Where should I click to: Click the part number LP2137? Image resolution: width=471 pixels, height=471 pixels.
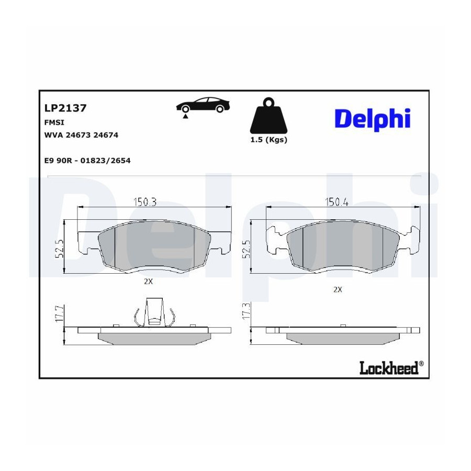click(x=65, y=108)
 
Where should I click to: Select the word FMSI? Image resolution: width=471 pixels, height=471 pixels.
click(x=54, y=122)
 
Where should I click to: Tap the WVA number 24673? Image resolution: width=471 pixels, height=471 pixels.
click(x=78, y=135)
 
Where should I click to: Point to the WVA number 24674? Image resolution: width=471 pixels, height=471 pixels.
click(x=106, y=135)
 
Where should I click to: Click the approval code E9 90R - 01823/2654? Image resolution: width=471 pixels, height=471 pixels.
click(x=87, y=161)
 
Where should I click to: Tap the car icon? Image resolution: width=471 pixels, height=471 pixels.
click(x=203, y=105)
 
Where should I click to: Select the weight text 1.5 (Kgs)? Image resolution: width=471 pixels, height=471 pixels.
click(x=269, y=140)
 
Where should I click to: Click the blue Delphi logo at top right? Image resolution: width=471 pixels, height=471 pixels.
click(x=373, y=119)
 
